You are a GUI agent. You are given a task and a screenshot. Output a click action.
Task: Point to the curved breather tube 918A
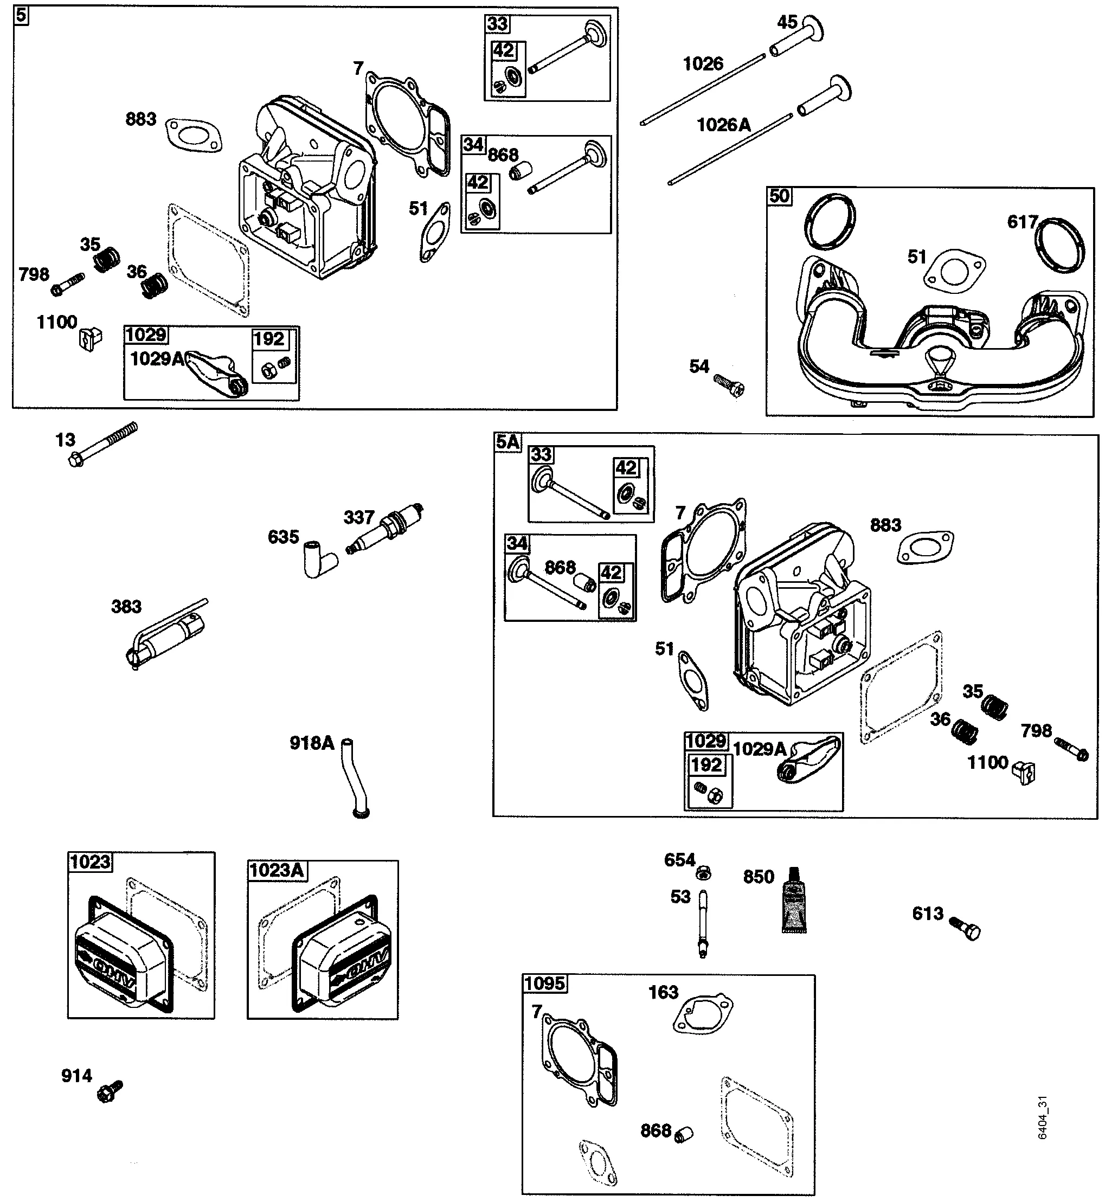point(354,779)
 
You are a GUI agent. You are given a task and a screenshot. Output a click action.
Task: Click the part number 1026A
point(723,126)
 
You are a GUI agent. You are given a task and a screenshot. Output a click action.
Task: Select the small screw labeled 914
point(109,1092)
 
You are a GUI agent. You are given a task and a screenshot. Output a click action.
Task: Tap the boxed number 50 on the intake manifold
point(780,197)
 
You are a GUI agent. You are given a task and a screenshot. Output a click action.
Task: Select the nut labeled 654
point(703,875)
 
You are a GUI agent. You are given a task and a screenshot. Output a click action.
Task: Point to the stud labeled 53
point(703,924)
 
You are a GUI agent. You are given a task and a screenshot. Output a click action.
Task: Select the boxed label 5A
point(507,442)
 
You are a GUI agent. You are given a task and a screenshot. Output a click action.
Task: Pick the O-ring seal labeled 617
point(1060,245)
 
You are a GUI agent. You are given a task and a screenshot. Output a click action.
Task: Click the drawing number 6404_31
point(1043,1117)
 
